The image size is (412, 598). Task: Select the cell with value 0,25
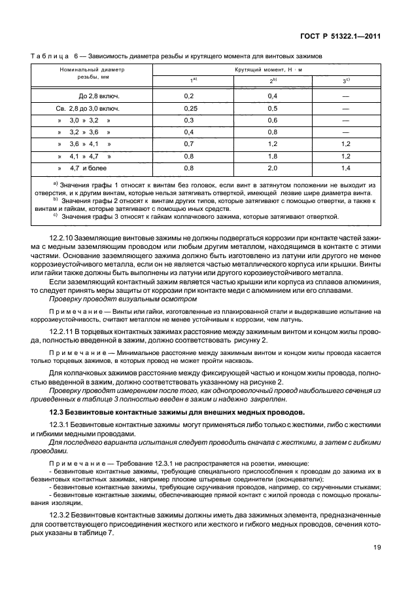(x=191, y=108)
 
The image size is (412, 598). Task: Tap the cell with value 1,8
(x=273, y=156)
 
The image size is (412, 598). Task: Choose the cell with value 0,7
(x=191, y=144)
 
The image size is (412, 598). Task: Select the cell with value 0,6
(x=273, y=120)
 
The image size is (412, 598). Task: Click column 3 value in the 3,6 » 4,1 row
(x=346, y=144)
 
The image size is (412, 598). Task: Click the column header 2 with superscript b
(x=273, y=81)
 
